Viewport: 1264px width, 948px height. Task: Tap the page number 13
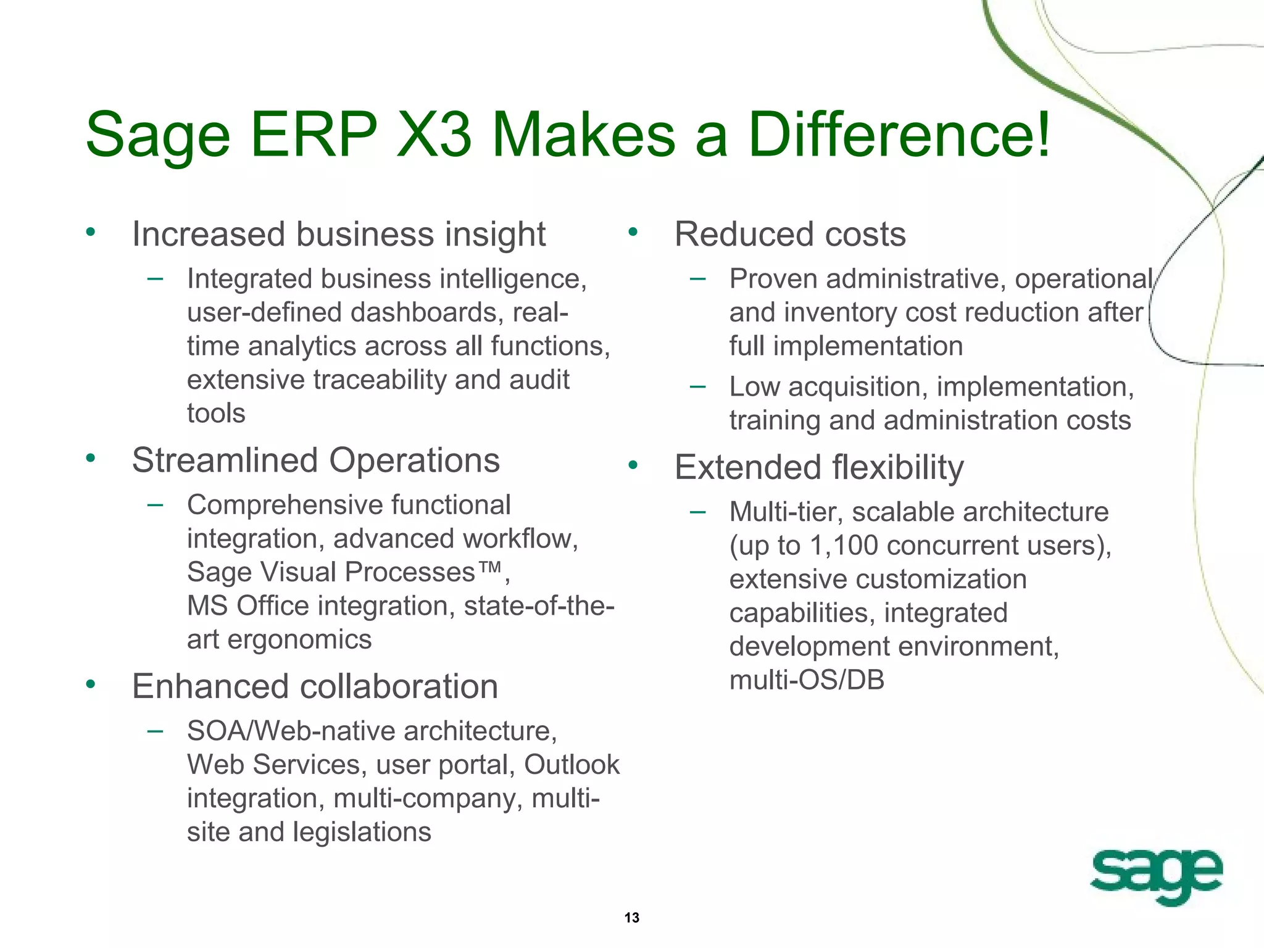(x=631, y=917)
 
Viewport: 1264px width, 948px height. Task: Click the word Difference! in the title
(x=899, y=135)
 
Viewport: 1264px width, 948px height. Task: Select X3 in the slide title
(x=433, y=135)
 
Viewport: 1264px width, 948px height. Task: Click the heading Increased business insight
(x=338, y=235)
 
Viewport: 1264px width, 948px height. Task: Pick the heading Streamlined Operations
(x=315, y=460)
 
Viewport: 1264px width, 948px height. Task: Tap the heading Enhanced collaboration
(x=315, y=686)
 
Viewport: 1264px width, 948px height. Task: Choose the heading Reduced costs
(x=789, y=235)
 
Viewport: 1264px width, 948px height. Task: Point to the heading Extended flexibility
(x=818, y=467)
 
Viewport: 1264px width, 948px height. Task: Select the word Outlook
(x=572, y=765)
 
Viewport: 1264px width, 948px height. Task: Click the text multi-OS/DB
(x=807, y=680)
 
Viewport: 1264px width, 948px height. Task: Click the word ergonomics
(x=299, y=639)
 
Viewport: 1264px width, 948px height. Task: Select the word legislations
(x=362, y=832)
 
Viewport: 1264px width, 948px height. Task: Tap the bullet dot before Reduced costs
(x=633, y=232)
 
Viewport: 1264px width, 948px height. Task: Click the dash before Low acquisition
(x=697, y=387)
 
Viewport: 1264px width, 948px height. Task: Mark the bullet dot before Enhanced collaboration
(x=91, y=684)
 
